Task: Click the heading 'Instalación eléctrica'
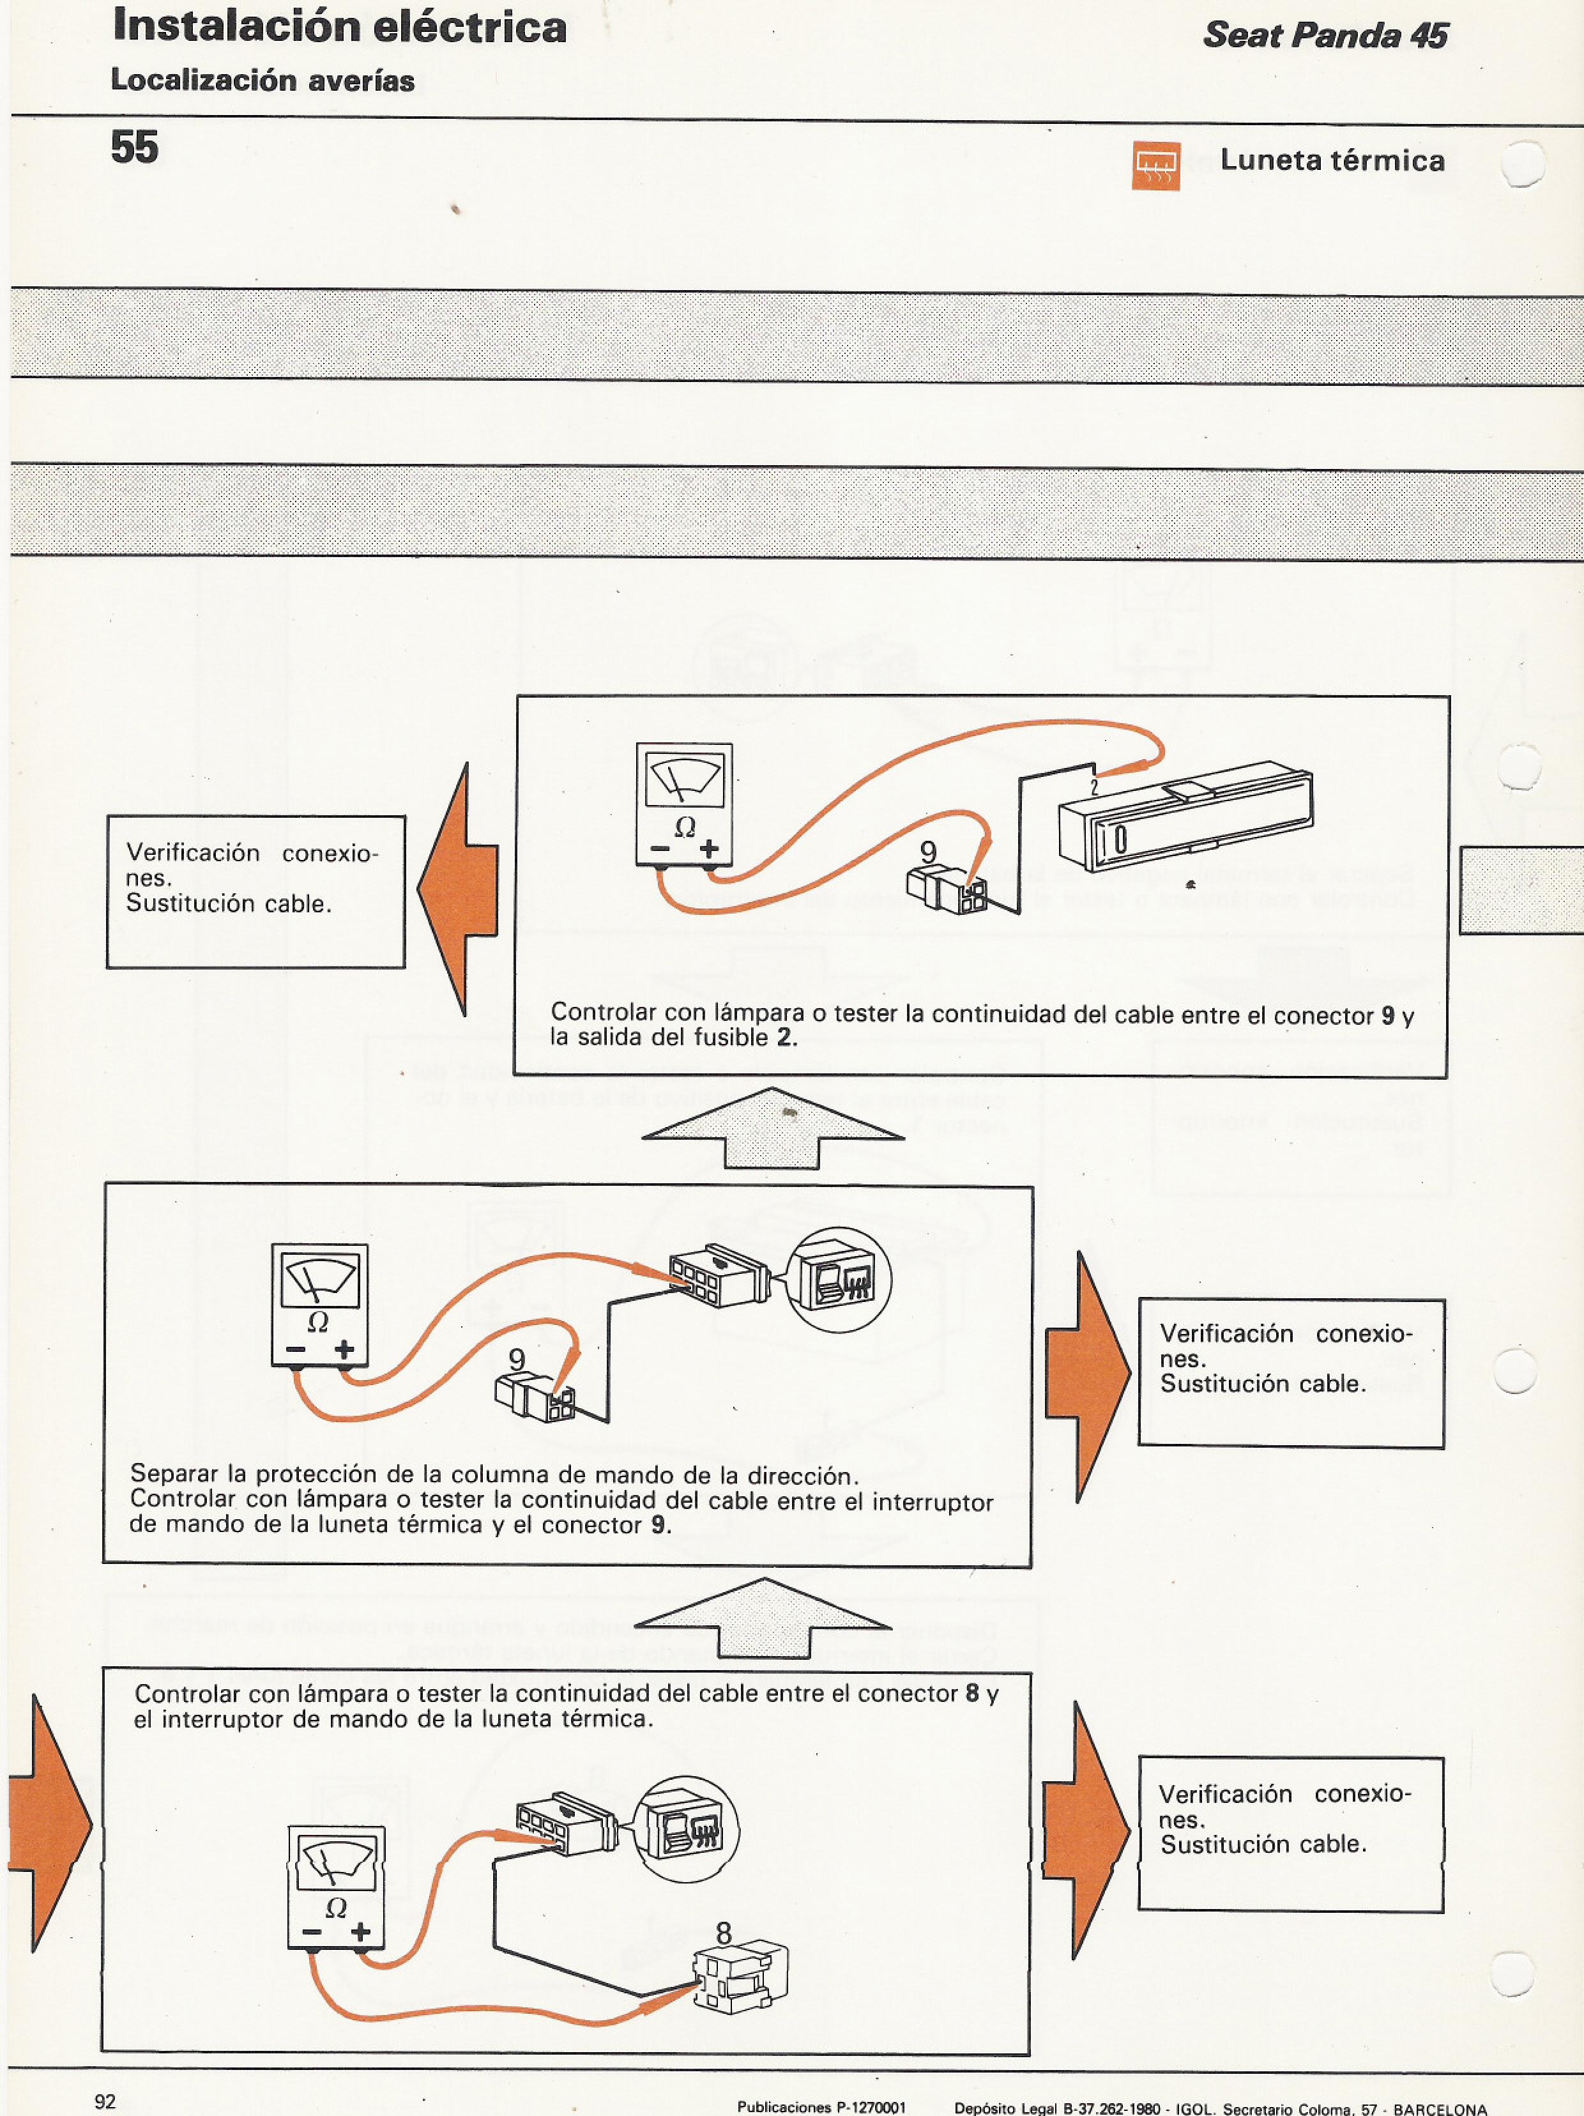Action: click(x=340, y=27)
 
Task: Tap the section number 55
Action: click(x=135, y=148)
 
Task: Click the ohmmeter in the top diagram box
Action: click(x=684, y=804)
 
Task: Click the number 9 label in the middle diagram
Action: click(x=517, y=1360)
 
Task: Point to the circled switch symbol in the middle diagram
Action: click(x=839, y=1280)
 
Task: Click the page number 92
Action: click(x=105, y=2101)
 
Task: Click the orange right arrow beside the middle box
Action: click(x=1086, y=1376)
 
